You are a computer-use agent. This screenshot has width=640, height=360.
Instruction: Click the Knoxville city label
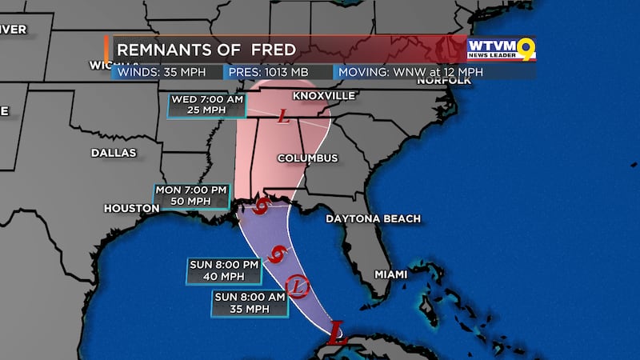[x=323, y=95]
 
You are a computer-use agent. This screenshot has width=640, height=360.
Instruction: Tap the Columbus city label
[x=307, y=158]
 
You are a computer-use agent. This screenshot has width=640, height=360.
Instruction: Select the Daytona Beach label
[x=367, y=218]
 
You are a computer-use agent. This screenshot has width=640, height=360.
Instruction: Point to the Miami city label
[x=391, y=274]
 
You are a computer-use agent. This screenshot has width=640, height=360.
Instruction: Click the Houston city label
[x=131, y=208]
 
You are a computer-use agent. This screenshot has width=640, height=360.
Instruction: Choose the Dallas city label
[x=113, y=152]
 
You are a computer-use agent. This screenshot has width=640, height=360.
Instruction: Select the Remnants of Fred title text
[x=206, y=50]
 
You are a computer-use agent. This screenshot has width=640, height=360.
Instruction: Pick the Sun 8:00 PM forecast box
[x=224, y=271]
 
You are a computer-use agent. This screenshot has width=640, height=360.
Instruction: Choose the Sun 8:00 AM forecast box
[x=248, y=303]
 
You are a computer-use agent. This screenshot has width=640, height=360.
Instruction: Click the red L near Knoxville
[x=282, y=118]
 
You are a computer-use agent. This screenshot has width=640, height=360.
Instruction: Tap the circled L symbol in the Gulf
[x=297, y=284]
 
